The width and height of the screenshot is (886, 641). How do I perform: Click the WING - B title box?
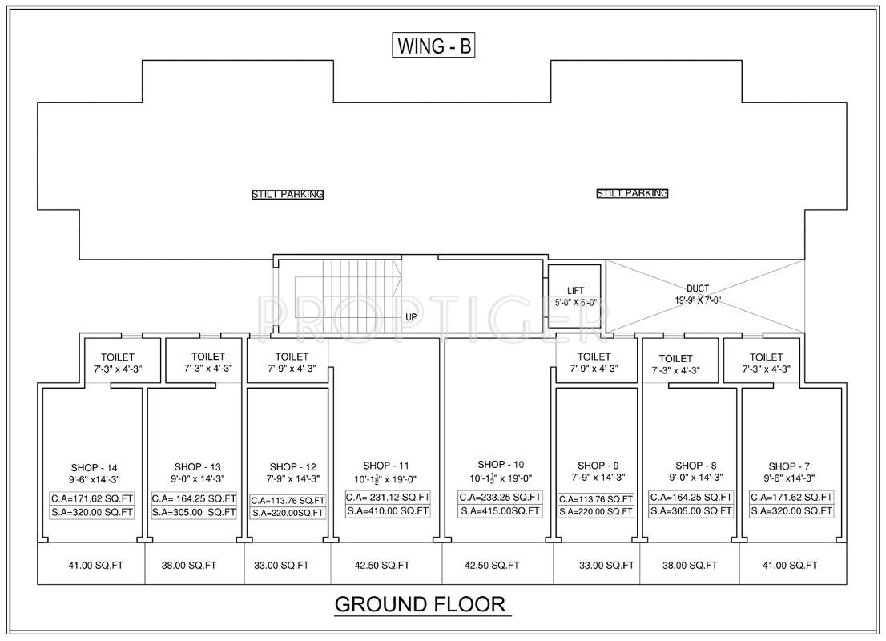pyautogui.click(x=433, y=46)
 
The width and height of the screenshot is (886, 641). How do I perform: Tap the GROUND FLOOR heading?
pyautogui.click(x=420, y=604)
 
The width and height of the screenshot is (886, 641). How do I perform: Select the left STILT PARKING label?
pyautogui.click(x=288, y=195)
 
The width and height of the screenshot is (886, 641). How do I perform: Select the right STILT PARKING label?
pyautogui.click(x=632, y=193)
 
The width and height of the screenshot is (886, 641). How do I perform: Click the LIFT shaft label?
pyautogui.click(x=575, y=291)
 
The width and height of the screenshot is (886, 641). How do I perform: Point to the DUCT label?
pyautogui.click(x=698, y=288)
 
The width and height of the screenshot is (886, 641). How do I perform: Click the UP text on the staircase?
pyautogui.click(x=411, y=317)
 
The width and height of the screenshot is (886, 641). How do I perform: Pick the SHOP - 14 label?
pyautogui.click(x=95, y=467)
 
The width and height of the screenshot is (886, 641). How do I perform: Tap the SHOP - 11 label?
pyautogui.click(x=386, y=466)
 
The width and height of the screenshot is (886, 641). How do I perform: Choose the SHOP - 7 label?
pyautogui.click(x=789, y=466)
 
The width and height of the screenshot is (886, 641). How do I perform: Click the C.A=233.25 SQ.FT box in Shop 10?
pyautogui.click(x=500, y=498)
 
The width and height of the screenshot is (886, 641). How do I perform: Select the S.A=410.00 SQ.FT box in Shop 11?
pyautogui.click(x=389, y=511)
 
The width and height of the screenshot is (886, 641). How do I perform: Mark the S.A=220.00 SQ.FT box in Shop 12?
pyautogui.click(x=288, y=514)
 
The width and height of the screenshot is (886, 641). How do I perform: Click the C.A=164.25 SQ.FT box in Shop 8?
pyautogui.click(x=691, y=498)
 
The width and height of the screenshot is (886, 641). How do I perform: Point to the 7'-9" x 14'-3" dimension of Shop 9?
pyautogui.click(x=598, y=477)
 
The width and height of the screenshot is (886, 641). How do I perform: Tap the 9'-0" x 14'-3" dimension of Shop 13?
pyautogui.click(x=198, y=479)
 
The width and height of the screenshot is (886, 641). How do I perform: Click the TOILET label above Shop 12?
pyautogui.click(x=292, y=357)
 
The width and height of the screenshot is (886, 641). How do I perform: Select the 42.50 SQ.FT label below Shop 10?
pyautogui.click(x=492, y=565)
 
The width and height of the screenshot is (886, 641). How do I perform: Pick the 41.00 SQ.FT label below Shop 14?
pyautogui.click(x=95, y=565)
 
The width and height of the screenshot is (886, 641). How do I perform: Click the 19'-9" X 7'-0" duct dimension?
pyautogui.click(x=698, y=300)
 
